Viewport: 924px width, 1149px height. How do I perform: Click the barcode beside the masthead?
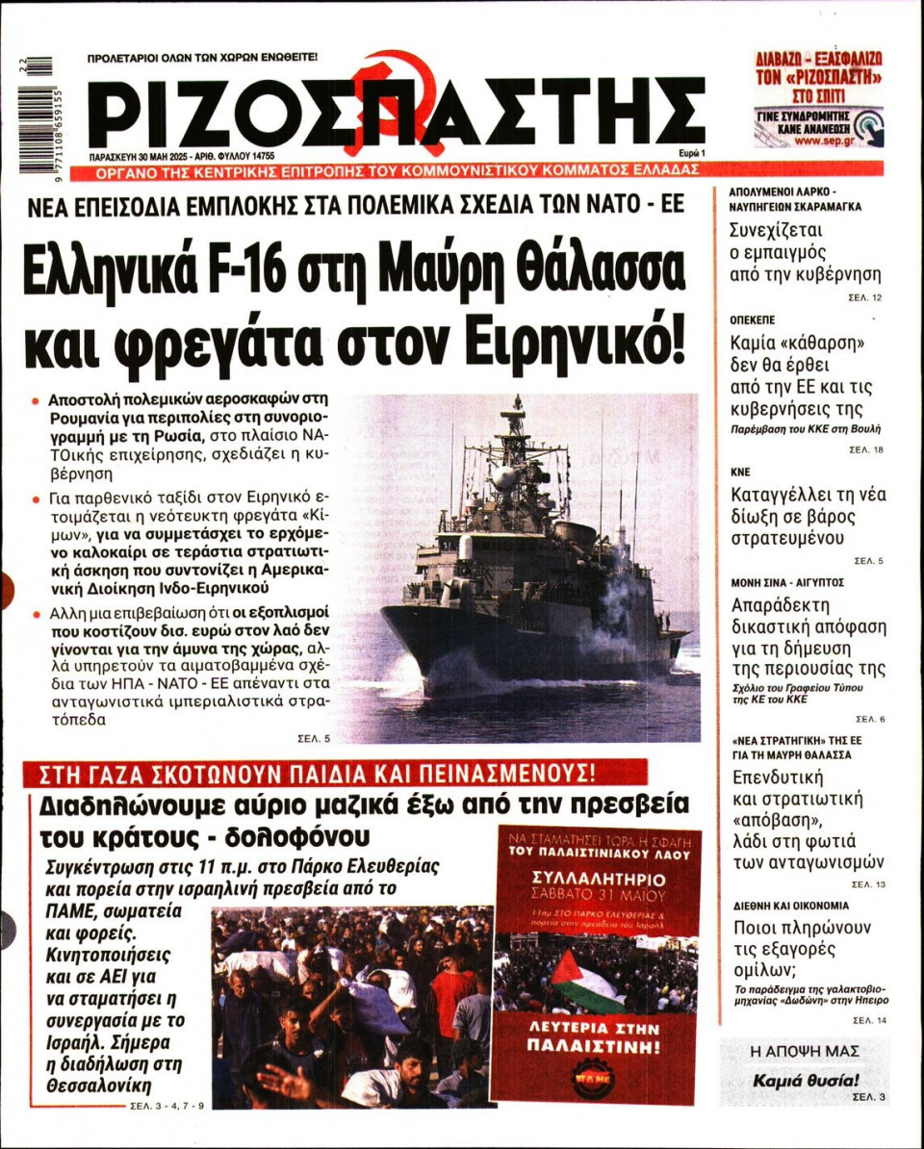pyautogui.click(x=35, y=116)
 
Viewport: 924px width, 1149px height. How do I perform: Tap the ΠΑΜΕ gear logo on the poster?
pyautogui.click(x=592, y=1078)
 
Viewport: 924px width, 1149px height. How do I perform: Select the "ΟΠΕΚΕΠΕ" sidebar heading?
pyautogui.click(x=753, y=319)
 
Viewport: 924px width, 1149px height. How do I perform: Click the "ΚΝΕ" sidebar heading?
pyautogui.click(x=741, y=472)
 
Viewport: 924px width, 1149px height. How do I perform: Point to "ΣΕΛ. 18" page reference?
pyautogui.click(x=866, y=449)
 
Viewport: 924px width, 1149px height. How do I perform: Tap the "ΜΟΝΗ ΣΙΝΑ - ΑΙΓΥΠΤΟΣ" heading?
pyautogui.click(x=788, y=583)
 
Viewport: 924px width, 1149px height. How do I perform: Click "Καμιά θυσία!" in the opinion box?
pyautogui.click(x=805, y=1080)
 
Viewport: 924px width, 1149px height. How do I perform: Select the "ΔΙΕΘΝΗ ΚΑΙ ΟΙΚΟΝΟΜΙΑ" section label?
pyautogui.click(x=790, y=906)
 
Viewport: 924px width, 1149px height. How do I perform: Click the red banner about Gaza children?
pyautogui.click(x=323, y=773)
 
